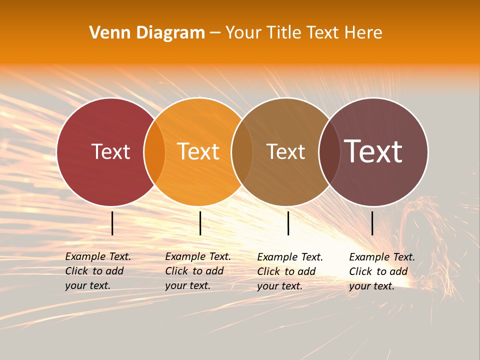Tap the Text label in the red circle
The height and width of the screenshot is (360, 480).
(x=110, y=151)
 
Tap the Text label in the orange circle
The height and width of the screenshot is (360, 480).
(x=198, y=151)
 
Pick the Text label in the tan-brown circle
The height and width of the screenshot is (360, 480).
(x=285, y=151)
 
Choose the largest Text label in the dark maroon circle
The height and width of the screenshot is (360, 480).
(x=373, y=151)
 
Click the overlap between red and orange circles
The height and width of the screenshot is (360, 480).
(x=154, y=152)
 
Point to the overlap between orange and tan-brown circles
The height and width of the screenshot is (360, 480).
(x=242, y=152)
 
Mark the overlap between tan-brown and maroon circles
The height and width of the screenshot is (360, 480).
(x=329, y=152)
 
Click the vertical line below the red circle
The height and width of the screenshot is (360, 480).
(x=112, y=223)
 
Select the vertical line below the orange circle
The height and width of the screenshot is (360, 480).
(x=200, y=223)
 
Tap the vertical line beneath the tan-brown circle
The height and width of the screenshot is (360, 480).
(x=288, y=223)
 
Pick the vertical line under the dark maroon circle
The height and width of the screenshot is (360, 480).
(x=372, y=223)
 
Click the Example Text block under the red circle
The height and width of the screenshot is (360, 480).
(x=97, y=271)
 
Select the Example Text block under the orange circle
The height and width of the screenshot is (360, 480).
(x=197, y=271)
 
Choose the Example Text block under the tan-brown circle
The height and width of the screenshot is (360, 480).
(x=289, y=271)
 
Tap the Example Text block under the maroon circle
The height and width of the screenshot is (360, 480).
(x=381, y=271)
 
